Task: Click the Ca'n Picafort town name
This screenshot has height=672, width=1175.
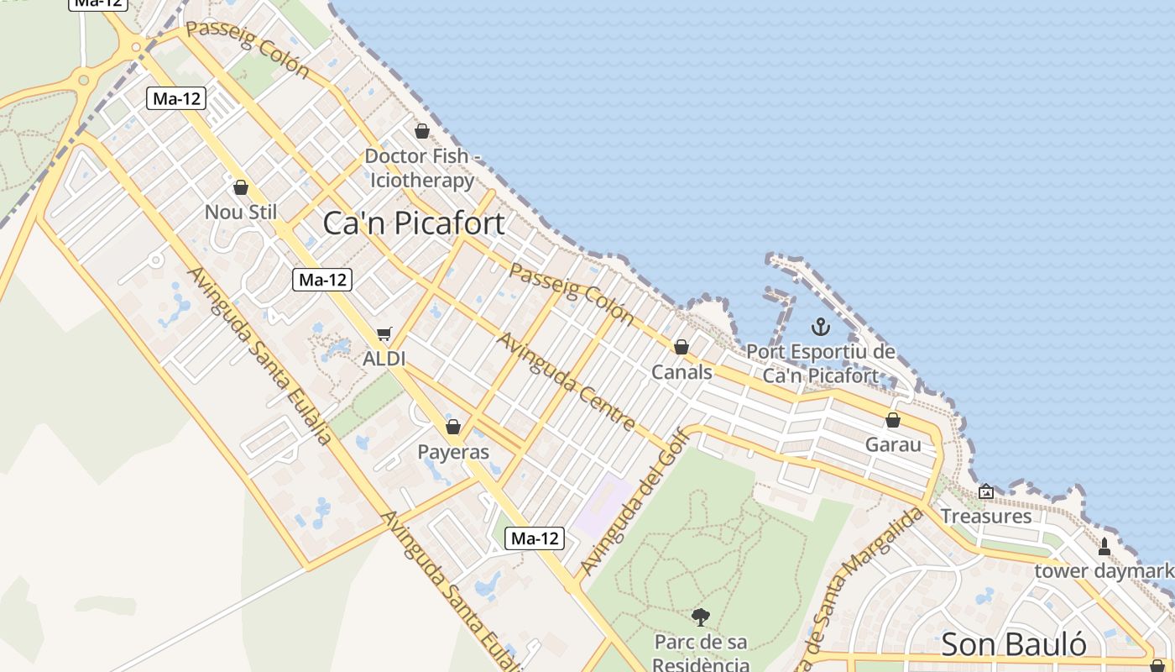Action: coord(414,223)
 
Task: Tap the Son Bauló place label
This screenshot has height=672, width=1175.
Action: coord(1013,644)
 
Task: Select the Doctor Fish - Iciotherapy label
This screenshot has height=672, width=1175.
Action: coord(422,168)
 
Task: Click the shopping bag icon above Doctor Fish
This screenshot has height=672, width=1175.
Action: coord(422,131)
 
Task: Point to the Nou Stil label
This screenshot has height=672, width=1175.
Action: coord(241,213)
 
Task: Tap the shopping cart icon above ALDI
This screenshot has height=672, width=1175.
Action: coord(384,334)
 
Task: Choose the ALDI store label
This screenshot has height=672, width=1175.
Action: coord(384,359)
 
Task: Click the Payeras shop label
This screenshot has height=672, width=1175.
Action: coord(453,452)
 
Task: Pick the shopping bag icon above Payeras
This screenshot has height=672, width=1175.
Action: coord(453,427)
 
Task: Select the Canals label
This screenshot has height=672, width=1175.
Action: coord(681,372)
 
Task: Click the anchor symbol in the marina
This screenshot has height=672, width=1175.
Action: coord(820,327)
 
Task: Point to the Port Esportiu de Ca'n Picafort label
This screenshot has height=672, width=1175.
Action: coord(820,364)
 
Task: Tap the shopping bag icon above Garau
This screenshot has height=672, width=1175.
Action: coord(893,420)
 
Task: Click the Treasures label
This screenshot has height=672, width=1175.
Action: coord(986,516)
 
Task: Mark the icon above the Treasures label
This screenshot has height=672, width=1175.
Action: coord(986,491)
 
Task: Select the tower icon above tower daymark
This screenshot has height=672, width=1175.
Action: coord(1104,547)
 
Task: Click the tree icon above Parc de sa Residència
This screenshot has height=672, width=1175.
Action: coord(701,618)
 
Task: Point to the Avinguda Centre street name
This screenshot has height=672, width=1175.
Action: coord(566,381)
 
